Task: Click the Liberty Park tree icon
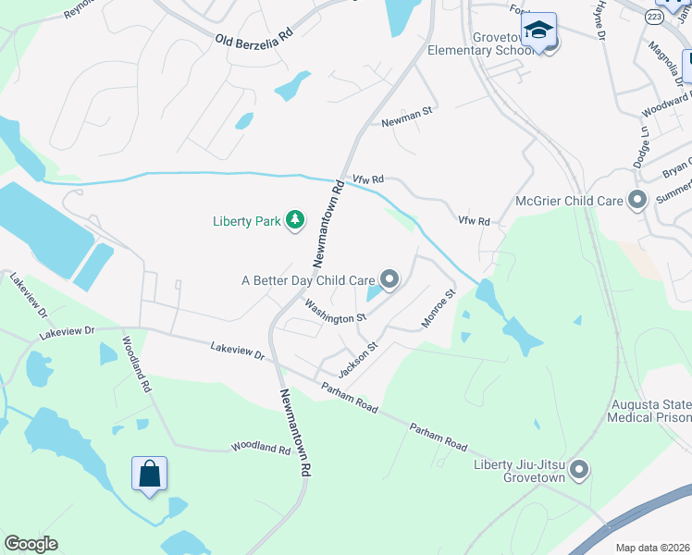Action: tap(294, 220)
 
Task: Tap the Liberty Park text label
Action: tap(246, 221)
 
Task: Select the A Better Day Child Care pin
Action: tap(390, 278)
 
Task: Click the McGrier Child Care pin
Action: tap(636, 200)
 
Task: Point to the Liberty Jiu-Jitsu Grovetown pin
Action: tap(579, 470)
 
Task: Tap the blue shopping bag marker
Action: tap(149, 475)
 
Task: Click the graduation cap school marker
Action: tap(538, 31)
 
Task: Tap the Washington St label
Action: tap(335, 312)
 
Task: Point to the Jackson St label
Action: tap(358, 360)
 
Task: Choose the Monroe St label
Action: tap(439, 309)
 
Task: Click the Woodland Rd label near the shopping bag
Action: tap(261, 448)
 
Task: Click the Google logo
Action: tap(31, 544)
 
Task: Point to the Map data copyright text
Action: tap(652, 548)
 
